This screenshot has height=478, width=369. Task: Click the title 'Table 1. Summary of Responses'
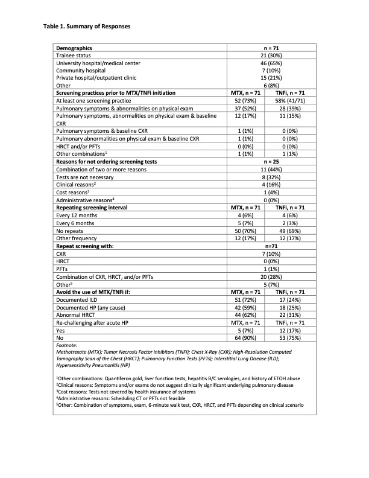tap(87, 27)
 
